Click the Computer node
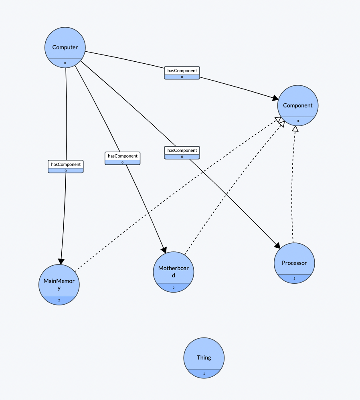[x=65, y=47]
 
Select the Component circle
[x=297, y=105]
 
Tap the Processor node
[x=294, y=263]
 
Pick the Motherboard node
[x=173, y=271]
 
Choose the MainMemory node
[x=59, y=284]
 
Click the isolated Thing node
[x=204, y=357]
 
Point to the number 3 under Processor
[x=294, y=279]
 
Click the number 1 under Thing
[x=204, y=374]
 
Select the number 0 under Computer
[x=65, y=63]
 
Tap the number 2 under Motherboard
[x=173, y=288]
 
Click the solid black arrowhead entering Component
[x=275, y=98]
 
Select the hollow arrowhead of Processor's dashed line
[x=295, y=129]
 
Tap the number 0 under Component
[x=297, y=121]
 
